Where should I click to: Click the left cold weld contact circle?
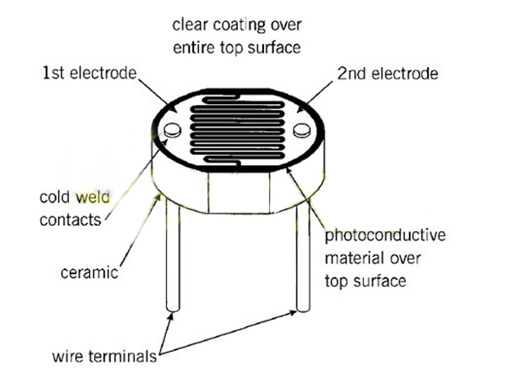pos(173,130)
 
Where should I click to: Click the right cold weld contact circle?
pos(302,130)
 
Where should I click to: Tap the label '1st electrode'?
pos(89,73)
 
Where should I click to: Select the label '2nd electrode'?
pos(387,73)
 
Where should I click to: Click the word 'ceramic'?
pos(89,273)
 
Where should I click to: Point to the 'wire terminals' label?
pos(104,356)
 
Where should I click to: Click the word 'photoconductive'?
pos(385,236)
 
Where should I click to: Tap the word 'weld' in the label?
pos(93,197)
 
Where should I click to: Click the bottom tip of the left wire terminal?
pos(173,311)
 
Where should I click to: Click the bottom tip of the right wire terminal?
pos(303,311)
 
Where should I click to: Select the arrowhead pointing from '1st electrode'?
pos(173,108)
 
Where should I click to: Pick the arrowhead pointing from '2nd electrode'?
pos(301,108)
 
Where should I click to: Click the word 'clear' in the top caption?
pos(191,25)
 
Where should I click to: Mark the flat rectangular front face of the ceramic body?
pos(239,193)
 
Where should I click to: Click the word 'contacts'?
pos(70,220)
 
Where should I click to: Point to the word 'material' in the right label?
pos(354,258)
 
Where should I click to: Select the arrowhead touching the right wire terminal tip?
pos(292,313)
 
